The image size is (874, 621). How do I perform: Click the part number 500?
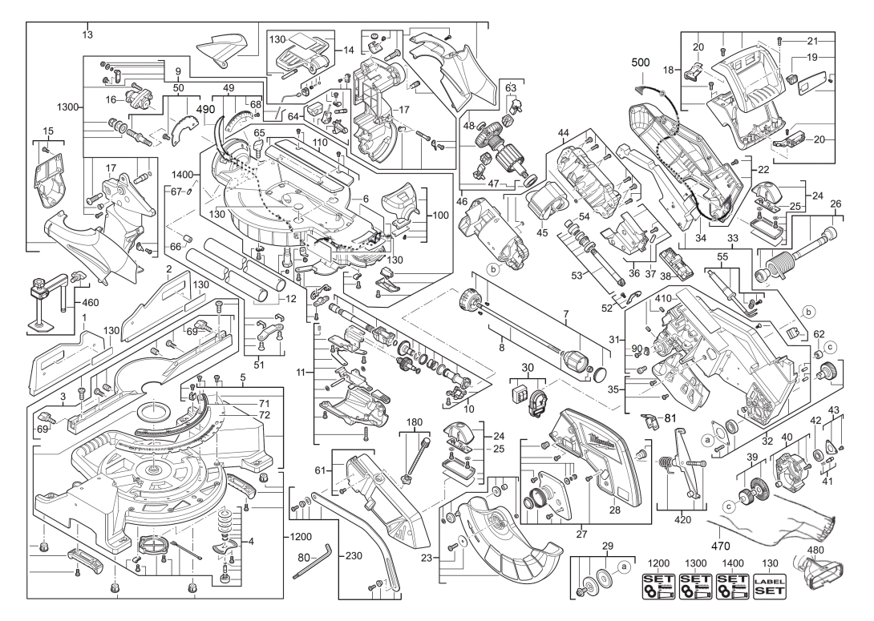tap(640, 63)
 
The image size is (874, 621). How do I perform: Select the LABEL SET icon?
tap(769, 587)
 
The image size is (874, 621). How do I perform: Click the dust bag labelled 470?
tap(772, 526)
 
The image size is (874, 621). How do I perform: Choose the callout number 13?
tap(87, 34)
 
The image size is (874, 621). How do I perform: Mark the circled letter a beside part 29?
tap(623, 567)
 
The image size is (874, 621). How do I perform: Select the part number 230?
tap(354, 555)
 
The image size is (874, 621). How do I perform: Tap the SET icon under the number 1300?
tap(695, 587)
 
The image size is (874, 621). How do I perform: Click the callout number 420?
tap(682, 519)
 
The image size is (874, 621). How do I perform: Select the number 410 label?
tap(663, 299)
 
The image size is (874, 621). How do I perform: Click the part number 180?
tap(414, 421)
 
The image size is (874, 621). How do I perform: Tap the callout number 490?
tap(206, 110)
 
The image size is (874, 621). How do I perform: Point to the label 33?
tap(733, 238)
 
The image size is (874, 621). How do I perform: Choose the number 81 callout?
tap(670, 417)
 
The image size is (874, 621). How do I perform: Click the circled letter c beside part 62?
tap(830, 347)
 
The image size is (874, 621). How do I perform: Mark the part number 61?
tap(320, 471)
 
